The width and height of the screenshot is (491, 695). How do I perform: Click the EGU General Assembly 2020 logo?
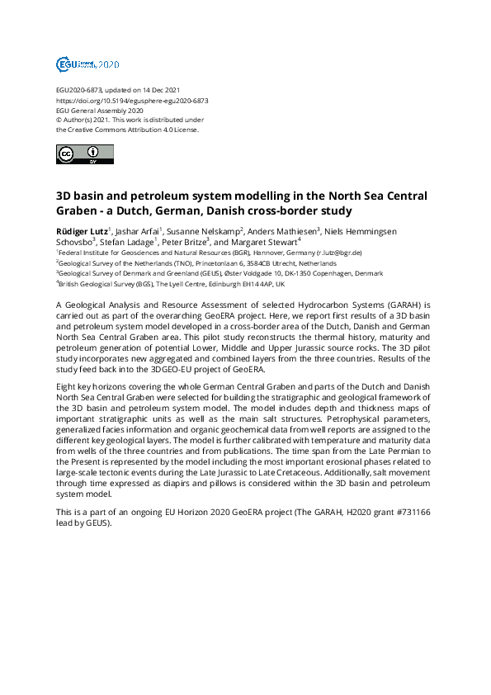87,64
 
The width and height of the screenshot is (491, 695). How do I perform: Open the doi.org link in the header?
132,101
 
